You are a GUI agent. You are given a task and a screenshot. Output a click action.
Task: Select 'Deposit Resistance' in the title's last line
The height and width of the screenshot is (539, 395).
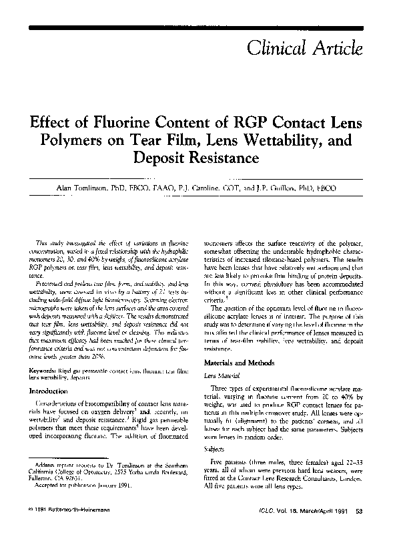(197, 159)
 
